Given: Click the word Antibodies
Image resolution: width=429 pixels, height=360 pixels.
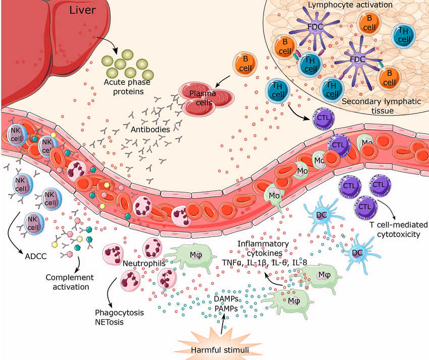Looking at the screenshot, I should pos(150,130).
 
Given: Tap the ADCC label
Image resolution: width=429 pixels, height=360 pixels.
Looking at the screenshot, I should pos(35,255).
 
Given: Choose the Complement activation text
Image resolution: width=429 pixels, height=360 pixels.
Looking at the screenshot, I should pos(70,282).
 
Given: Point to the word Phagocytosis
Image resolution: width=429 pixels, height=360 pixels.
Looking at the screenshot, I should pos(120,313).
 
